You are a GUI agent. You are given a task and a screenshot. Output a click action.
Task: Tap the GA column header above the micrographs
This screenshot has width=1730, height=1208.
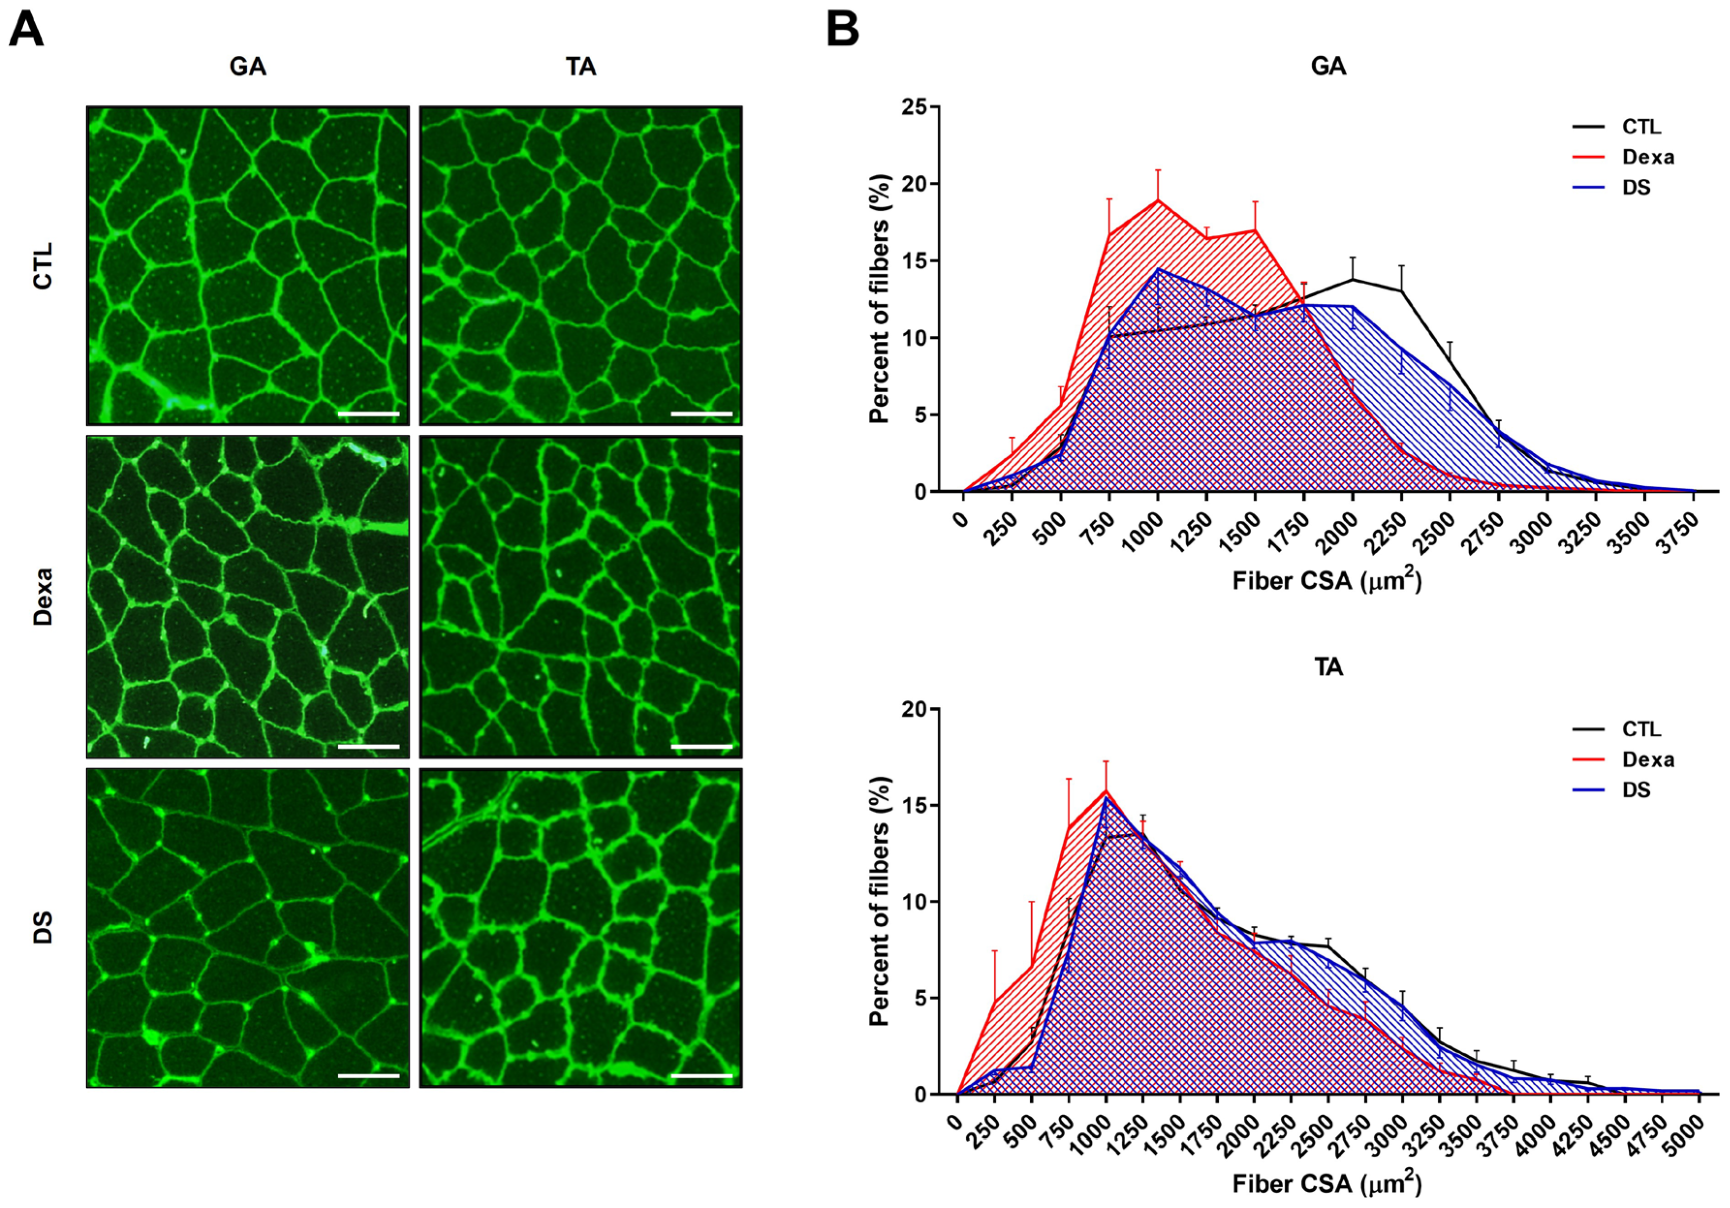248,67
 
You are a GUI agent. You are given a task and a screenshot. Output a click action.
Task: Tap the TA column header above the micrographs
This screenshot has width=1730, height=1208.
581,67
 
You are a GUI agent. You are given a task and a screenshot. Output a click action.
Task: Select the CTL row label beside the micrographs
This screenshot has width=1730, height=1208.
44,265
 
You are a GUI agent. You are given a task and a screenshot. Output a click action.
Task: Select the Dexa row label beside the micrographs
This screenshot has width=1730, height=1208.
44,596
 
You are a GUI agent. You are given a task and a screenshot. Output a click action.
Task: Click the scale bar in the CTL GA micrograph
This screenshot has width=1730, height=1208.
368,413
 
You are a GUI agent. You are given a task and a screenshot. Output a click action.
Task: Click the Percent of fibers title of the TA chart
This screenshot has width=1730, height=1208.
880,901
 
